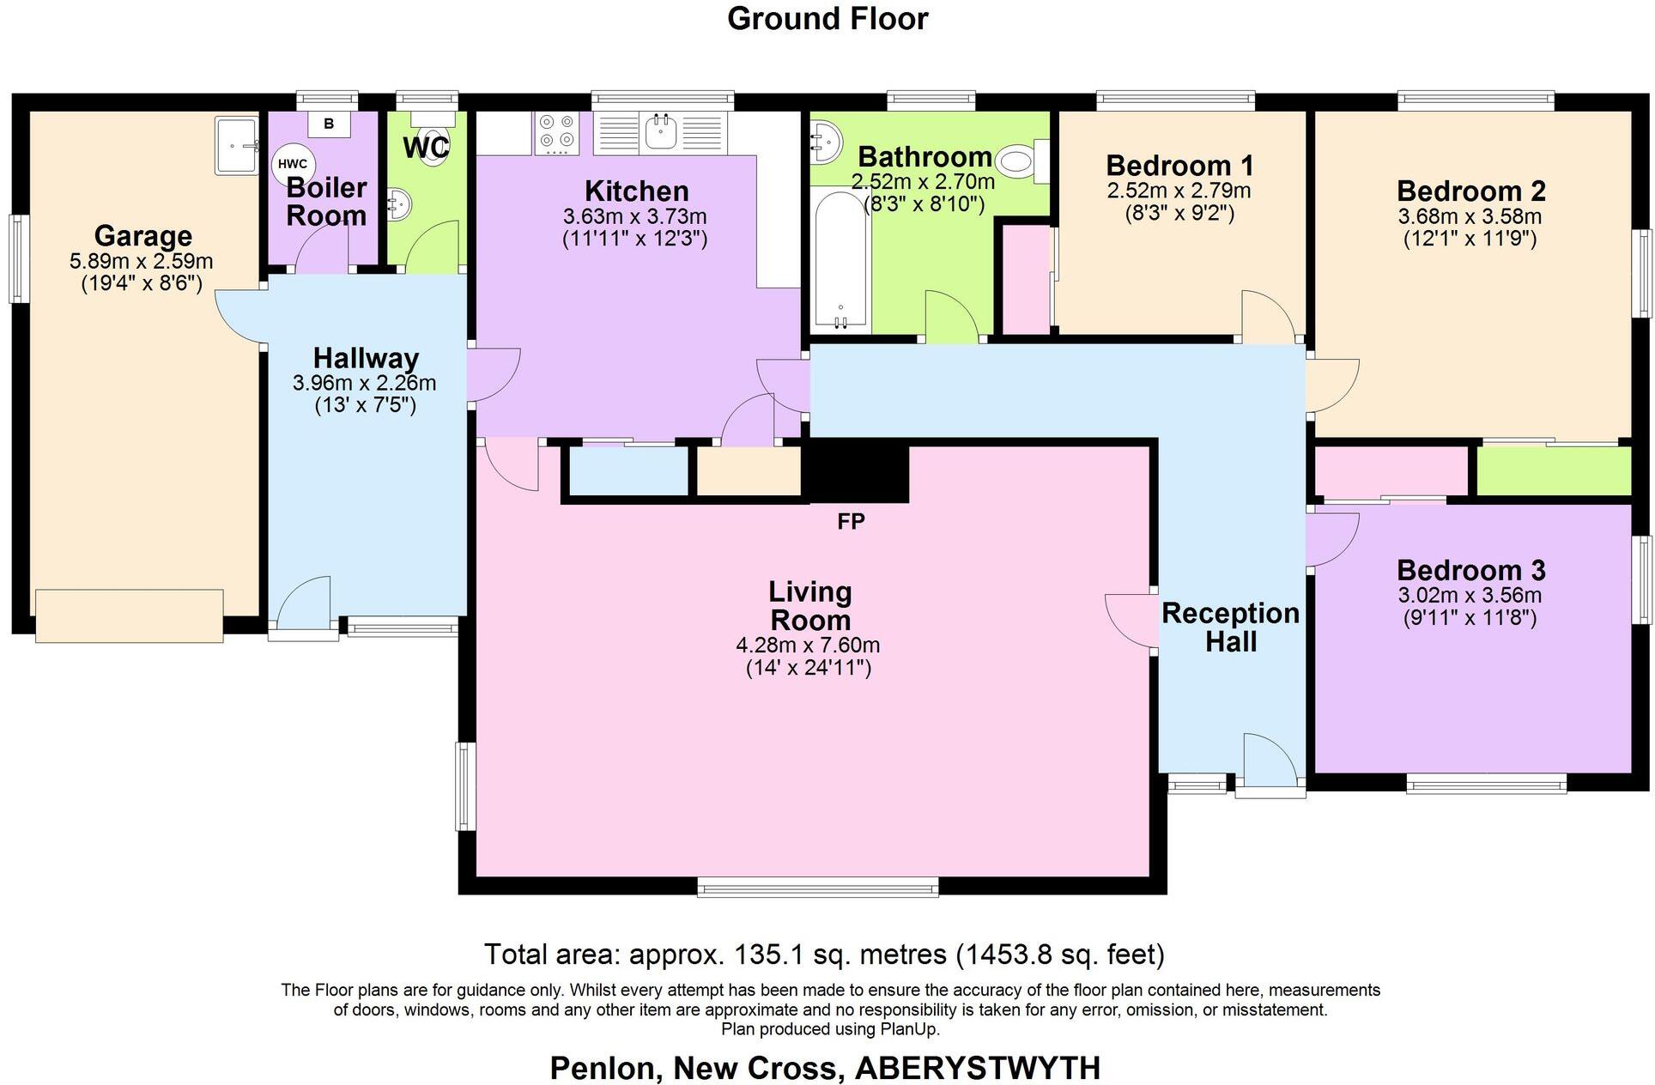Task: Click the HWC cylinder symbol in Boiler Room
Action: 293,165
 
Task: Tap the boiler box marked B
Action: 329,124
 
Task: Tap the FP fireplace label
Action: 851,521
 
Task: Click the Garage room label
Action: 142,235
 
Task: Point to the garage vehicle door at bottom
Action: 130,615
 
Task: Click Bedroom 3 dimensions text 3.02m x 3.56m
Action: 1470,595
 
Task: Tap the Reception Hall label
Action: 1230,627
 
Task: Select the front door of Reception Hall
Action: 1270,762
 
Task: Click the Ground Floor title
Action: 827,19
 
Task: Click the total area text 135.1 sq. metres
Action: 824,954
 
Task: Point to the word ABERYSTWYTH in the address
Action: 978,1068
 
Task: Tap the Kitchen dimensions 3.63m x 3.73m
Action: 634,216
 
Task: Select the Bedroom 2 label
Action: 1470,191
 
